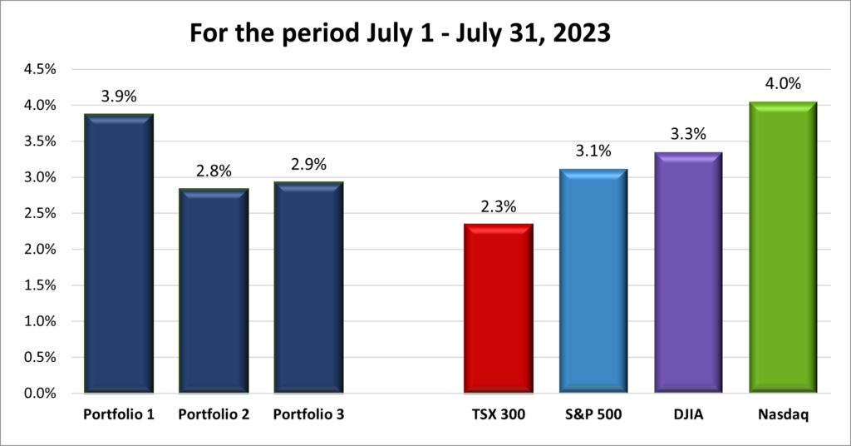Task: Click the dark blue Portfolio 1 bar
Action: click(x=119, y=254)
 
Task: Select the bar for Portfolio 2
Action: click(x=214, y=291)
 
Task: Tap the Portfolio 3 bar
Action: click(x=308, y=287)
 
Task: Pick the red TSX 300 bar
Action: click(x=498, y=309)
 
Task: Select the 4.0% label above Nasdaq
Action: click(x=783, y=84)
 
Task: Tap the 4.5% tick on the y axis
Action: click(x=39, y=70)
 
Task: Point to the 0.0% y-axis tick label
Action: click(x=39, y=393)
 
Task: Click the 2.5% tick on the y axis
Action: click(x=39, y=214)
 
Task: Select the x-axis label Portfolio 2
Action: click(x=214, y=414)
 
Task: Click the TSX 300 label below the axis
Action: click(x=498, y=414)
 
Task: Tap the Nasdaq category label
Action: click(x=783, y=414)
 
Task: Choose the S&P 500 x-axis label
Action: click(x=593, y=414)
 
